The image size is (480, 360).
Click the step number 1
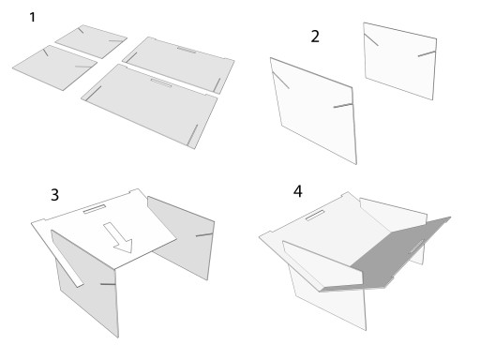[32, 17]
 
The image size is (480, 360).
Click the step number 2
[315, 37]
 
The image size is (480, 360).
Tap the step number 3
[54, 195]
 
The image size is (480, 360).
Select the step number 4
[298, 191]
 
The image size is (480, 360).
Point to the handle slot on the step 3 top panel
[95, 209]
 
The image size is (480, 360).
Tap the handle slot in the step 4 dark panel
[416, 247]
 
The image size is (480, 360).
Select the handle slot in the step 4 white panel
[315, 216]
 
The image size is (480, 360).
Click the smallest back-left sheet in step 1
[91, 41]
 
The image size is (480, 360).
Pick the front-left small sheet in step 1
[55, 67]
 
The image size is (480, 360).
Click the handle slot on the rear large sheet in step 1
[187, 50]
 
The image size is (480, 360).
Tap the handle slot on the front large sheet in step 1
[161, 82]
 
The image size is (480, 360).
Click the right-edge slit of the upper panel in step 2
[427, 53]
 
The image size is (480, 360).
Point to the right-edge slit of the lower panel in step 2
[343, 106]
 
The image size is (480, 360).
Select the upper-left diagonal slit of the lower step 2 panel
[281, 80]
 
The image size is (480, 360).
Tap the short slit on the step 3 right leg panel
[204, 234]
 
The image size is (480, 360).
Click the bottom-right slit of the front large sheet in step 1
[193, 135]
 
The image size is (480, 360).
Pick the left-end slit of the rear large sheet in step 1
[131, 57]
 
